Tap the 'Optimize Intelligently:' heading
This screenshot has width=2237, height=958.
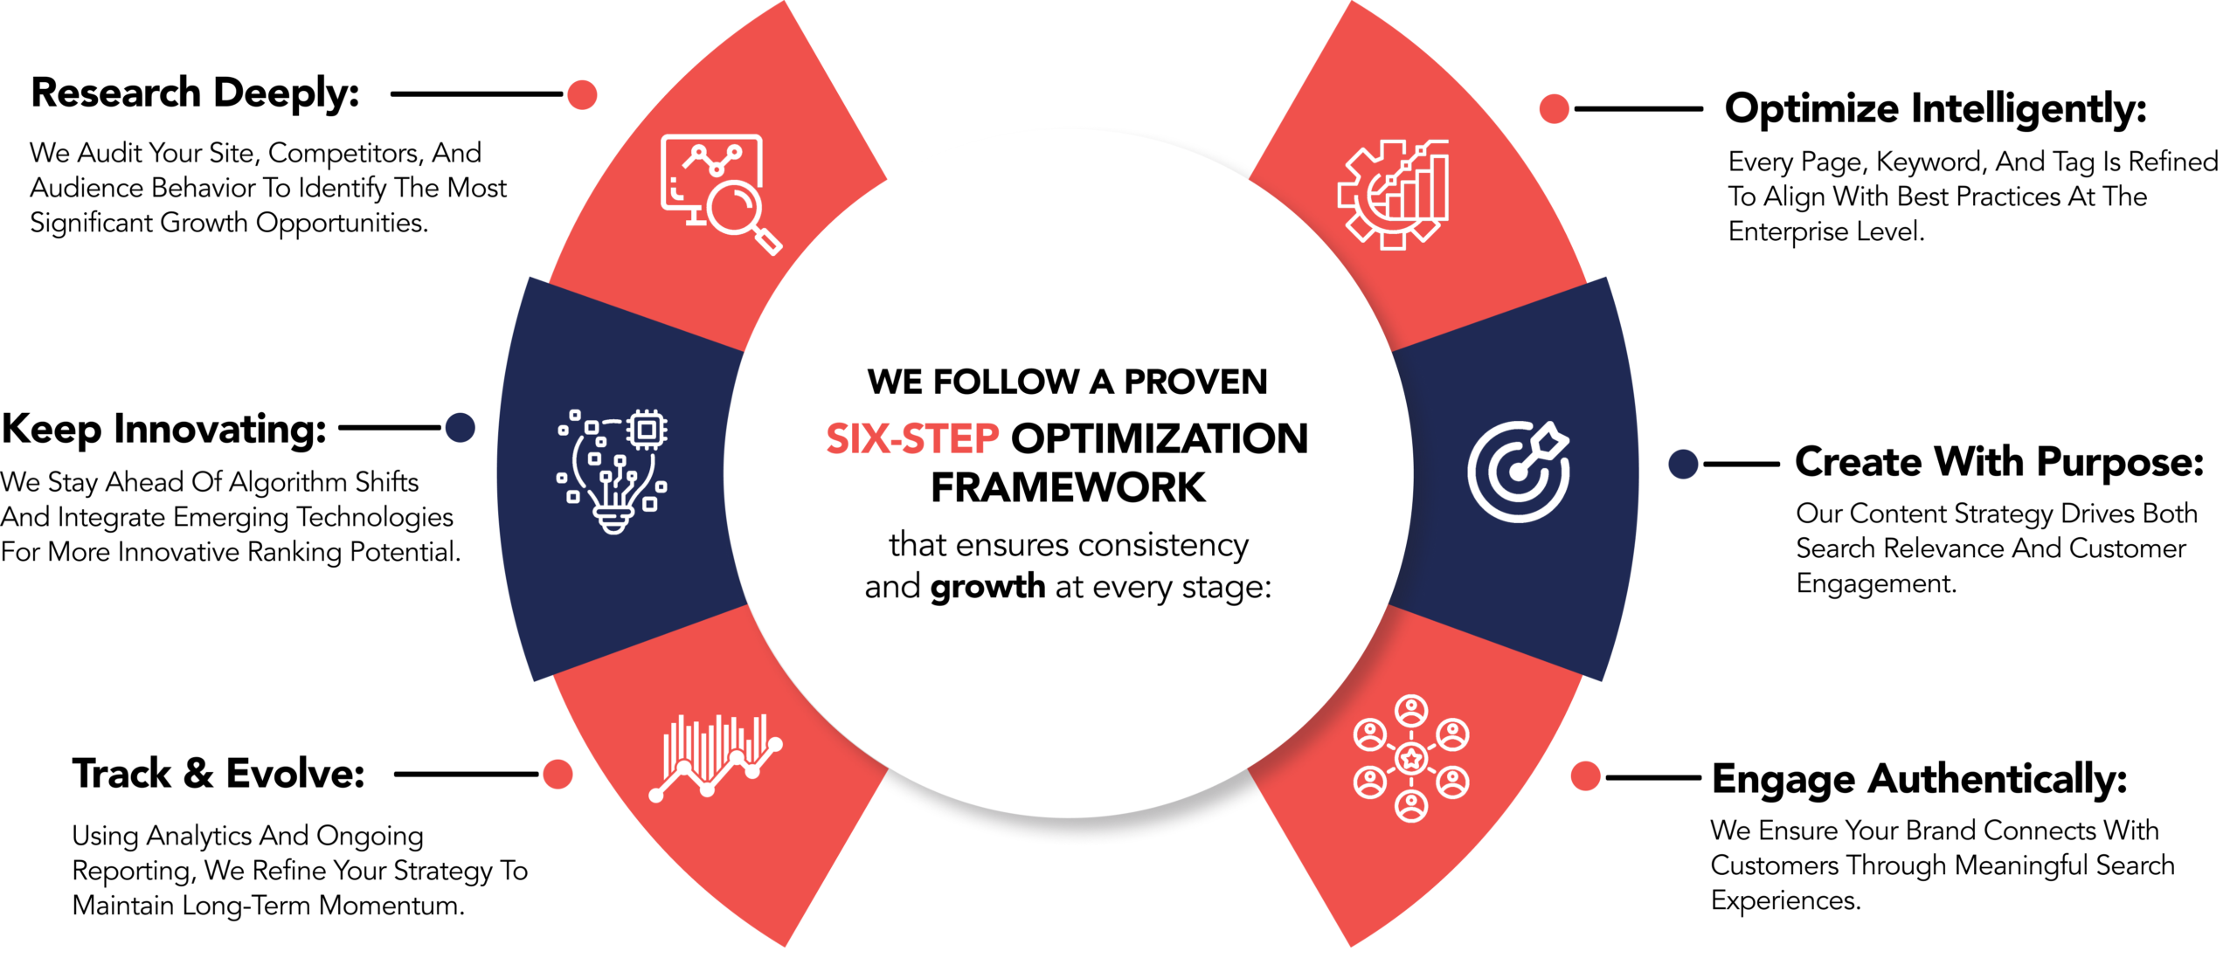coord(1936,110)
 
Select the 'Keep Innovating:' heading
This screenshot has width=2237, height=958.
coord(163,430)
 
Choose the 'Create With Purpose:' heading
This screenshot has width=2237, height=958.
coord(1999,463)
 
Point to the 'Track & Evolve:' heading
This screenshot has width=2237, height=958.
coord(218,774)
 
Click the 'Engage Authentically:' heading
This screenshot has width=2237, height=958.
coord(1919,780)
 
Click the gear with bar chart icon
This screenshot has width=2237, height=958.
coord(1393,195)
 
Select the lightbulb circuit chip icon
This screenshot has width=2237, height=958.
coord(613,471)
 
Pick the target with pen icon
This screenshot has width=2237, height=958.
coord(1519,472)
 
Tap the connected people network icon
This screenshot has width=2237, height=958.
coord(1411,758)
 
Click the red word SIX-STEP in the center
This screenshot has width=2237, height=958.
coord(912,438)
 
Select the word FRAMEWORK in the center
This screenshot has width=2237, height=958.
coord(1068,487)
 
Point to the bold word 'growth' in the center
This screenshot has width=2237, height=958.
coord(987,587)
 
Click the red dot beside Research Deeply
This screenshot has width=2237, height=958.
coord(582,94)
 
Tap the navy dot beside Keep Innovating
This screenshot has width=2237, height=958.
coord(460,428)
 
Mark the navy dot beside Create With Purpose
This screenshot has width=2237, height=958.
coord(1683,464)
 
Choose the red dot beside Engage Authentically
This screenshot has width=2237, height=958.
coord(1585,775)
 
